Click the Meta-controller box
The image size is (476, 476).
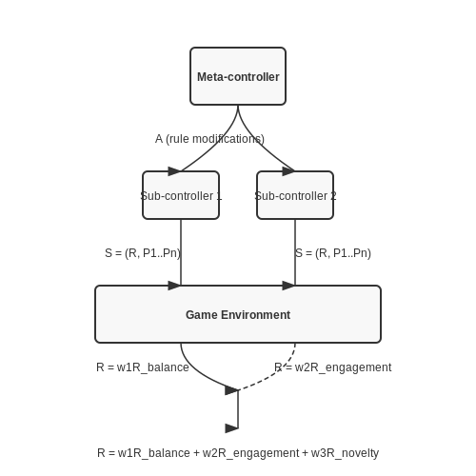238,76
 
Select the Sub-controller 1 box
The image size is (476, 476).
181,195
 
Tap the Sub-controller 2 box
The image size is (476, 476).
295,195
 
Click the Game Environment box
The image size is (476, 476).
238,314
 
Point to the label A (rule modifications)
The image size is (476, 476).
209,139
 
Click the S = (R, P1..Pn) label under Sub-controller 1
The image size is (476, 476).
143,253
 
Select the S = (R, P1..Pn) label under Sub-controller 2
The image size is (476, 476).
333,253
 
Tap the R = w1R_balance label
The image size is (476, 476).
143,367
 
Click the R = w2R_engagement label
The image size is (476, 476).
333,367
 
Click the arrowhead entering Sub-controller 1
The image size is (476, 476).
174,171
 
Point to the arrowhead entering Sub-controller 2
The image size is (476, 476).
288,171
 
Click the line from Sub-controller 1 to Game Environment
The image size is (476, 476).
181,252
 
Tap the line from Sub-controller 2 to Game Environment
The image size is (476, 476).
295,252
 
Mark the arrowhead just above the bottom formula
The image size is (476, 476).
231,428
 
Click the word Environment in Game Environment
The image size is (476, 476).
255,315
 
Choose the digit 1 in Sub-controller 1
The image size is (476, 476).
219,196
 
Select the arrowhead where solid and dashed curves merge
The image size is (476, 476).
231,390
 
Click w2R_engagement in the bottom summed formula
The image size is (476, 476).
250,453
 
